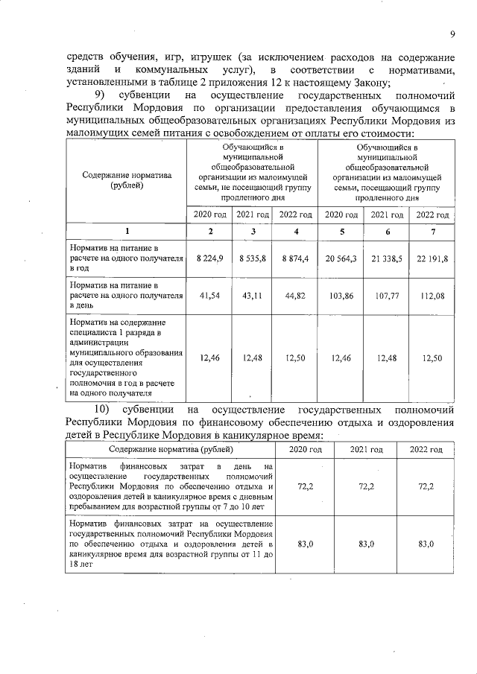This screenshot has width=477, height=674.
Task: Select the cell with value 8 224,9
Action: pos(210,257)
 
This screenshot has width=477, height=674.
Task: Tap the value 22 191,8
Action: pos(434,257)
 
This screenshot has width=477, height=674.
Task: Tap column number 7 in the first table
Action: pos(434,232)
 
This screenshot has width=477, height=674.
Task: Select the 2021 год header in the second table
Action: pos(366,449)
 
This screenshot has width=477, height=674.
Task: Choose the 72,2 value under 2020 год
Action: pos(305,486)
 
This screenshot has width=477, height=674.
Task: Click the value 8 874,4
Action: pos(297,257)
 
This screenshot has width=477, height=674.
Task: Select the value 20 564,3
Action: pos(340,257)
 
